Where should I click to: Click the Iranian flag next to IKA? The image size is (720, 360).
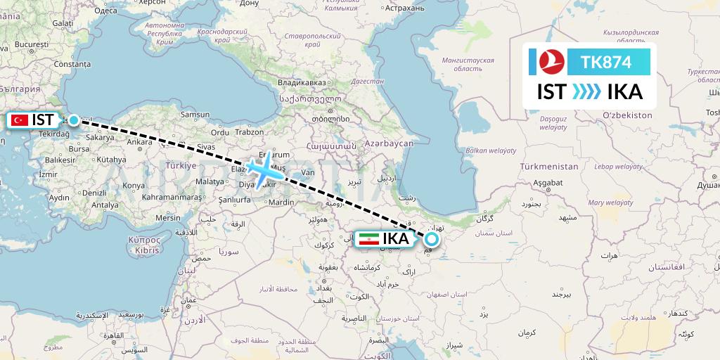(368, 239)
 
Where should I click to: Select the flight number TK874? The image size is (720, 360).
(606, 62)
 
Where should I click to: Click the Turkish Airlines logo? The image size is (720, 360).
(552, 62)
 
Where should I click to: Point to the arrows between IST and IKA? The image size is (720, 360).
(587, 92)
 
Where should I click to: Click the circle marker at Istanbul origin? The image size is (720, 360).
(73, 120)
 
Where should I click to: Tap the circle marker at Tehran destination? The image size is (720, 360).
(431, 239)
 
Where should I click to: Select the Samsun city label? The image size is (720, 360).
(195, 114)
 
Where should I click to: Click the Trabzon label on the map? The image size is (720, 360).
(250, 131)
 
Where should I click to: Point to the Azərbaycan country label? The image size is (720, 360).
(390, 143)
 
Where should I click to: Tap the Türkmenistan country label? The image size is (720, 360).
(548, 167)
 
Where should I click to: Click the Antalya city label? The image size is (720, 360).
(105, 205)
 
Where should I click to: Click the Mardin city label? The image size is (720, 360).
(281, 202)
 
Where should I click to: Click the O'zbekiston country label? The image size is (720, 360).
(627, 115)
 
